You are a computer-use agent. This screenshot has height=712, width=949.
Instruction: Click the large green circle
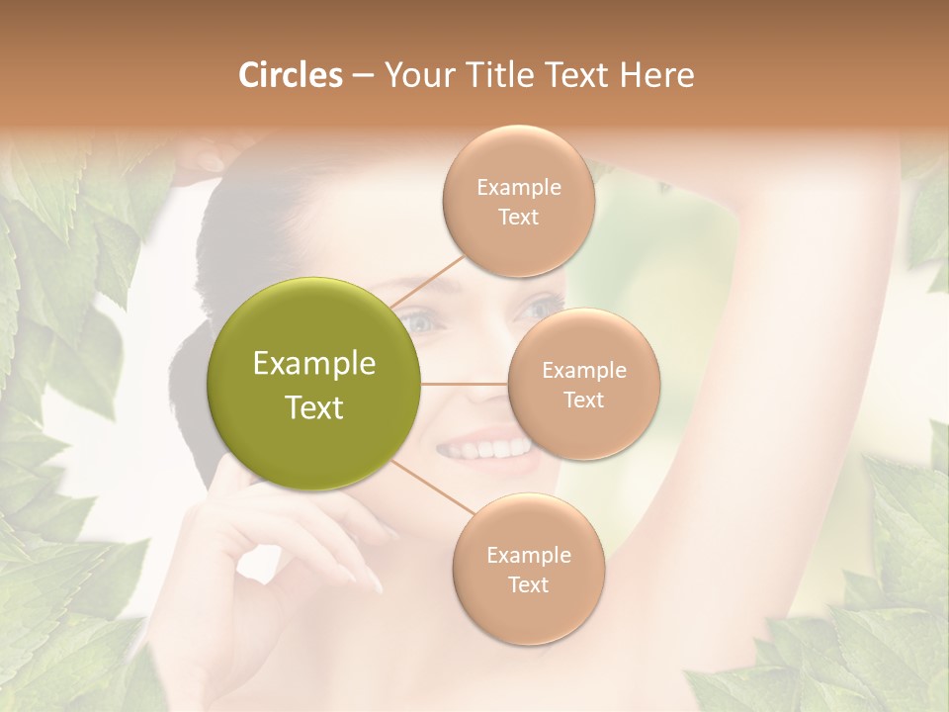[314, 384]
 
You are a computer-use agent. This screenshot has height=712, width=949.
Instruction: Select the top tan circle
[518, 201]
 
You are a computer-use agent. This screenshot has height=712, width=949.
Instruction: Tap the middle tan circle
[583, 384]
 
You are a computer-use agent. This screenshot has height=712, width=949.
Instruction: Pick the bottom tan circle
[528, 570]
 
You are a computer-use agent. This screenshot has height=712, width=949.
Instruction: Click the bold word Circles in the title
[291, 75]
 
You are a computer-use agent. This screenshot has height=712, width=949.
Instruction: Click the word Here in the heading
[658, 75]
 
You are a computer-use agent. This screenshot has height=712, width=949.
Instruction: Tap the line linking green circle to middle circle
[465, 383]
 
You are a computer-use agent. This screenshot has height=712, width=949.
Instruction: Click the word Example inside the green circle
[314, 364]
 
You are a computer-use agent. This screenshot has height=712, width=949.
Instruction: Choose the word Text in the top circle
[518, 217]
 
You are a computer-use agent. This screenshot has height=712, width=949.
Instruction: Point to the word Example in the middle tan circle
[583, 371]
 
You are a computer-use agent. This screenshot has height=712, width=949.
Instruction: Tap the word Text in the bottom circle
[528, 584]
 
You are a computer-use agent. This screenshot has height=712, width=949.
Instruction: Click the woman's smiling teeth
[484, 447]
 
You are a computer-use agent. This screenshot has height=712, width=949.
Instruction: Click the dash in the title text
[362, 76]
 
